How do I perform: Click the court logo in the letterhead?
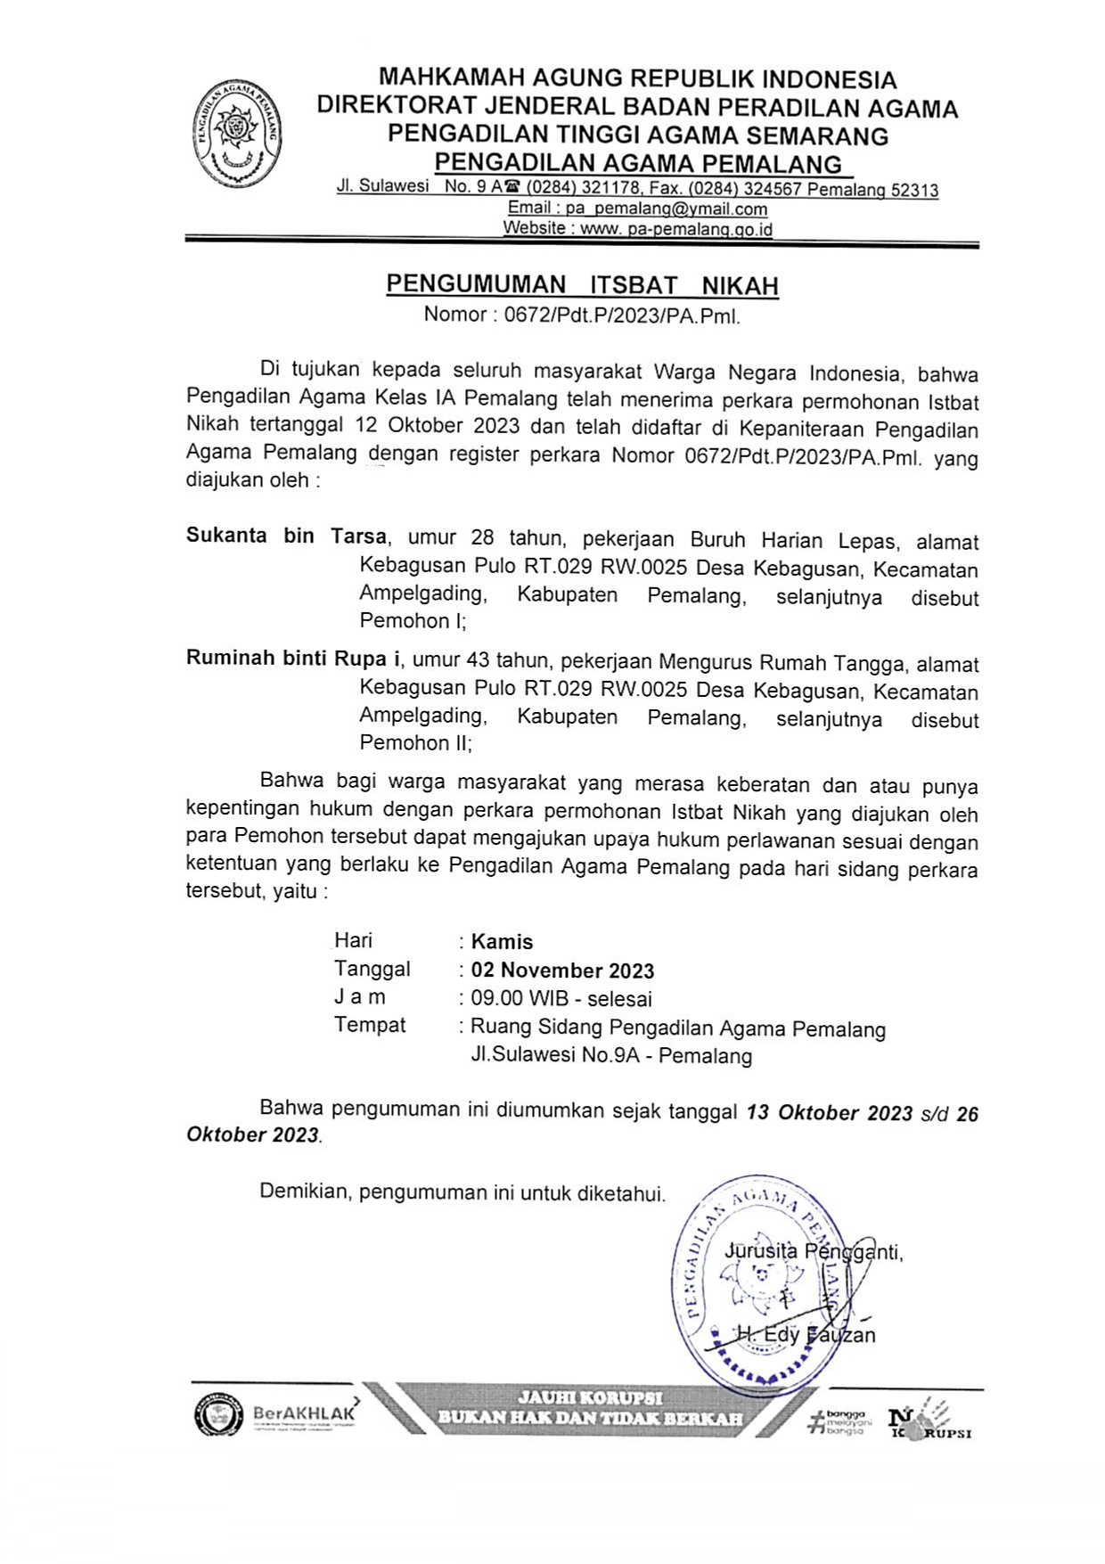pos(238,134)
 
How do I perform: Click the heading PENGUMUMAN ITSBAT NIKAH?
pos(582,285)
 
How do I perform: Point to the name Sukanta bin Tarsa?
pos(286,536)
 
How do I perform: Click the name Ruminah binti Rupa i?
pos(292,659)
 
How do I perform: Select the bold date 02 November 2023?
pos(562,970)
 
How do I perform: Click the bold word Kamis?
pos(502,942)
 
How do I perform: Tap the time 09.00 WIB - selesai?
pos(561,999)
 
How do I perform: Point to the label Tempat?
pos(370,1026)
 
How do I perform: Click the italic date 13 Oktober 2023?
pos(829,1113)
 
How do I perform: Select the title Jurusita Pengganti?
pos(813,1252)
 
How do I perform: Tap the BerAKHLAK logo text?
pos(304,1413)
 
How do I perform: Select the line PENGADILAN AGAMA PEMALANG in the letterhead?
pos(637,164)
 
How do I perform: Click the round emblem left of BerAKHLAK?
pos(218,1415)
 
